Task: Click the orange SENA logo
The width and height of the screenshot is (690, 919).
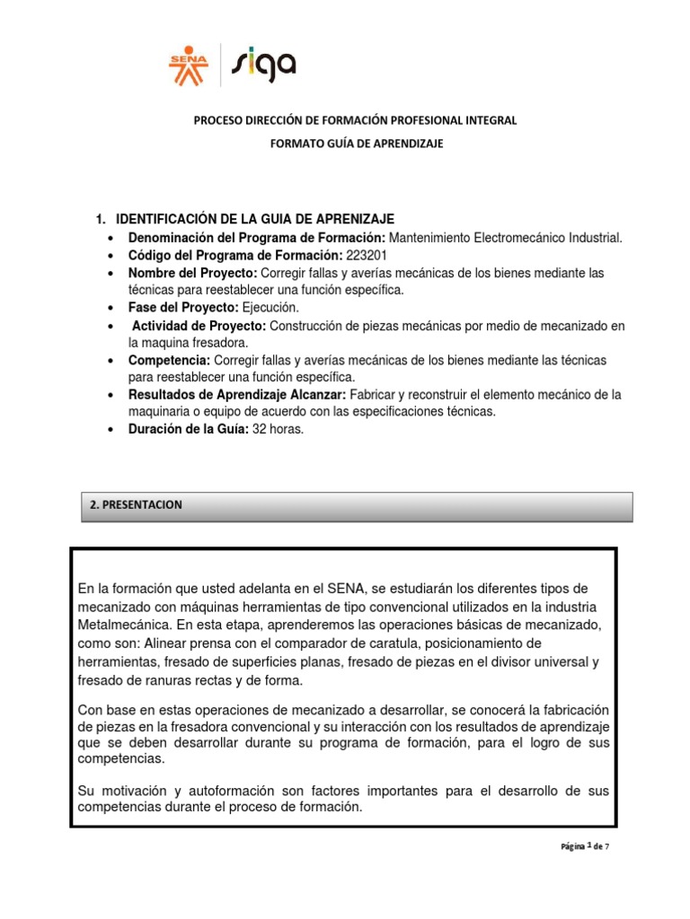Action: pyautogui.click(x=189, y=66)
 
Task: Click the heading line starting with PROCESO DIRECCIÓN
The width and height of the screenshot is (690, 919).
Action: pyautogui.click(x=358, y=120)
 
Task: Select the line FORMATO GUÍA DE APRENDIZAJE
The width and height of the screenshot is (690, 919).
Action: pyautogui.click(x=358, y=144)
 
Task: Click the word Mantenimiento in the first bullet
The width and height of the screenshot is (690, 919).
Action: pyautogui.click(x=433, y=238)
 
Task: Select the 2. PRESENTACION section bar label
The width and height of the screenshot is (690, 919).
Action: pyautogui.click(x=137, y=505)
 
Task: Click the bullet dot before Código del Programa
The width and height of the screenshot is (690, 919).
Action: pyautogui.click(x=110, y=256)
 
